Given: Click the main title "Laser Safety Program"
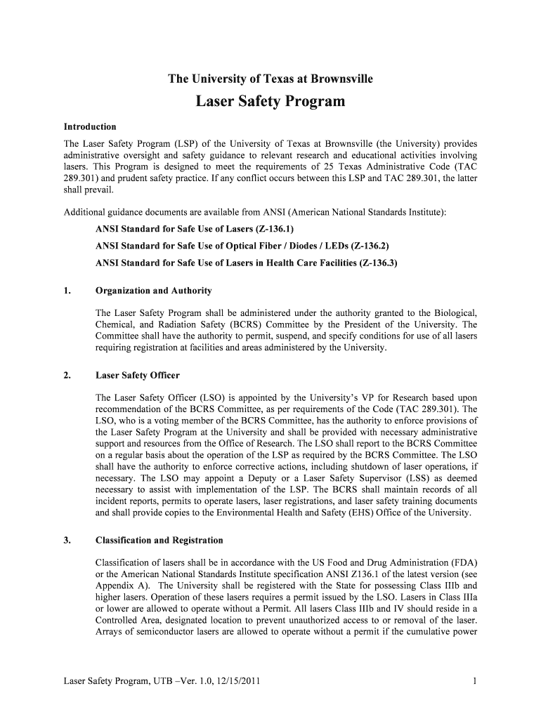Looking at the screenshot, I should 270,102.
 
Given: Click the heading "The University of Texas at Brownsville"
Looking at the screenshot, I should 270,79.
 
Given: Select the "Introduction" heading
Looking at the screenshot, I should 90,127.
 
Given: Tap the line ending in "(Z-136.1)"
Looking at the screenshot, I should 195,230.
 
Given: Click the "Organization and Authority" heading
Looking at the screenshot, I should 153,291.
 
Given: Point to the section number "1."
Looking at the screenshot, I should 67,291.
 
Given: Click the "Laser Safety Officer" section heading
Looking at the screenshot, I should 137,376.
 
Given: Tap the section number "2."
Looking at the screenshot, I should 67,376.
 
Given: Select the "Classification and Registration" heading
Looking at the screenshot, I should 159,541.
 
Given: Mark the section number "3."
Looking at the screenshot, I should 67,541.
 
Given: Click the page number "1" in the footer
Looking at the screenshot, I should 475,681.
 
